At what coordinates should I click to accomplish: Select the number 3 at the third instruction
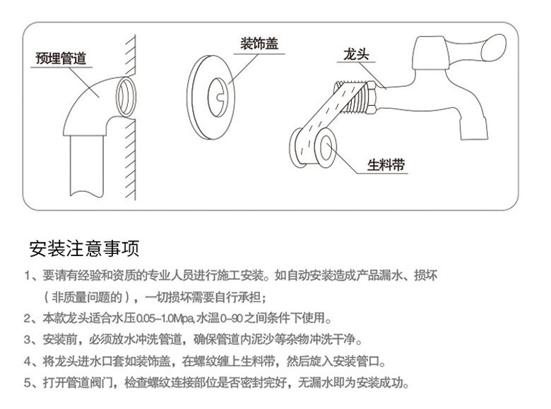click(x=26, y=340)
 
